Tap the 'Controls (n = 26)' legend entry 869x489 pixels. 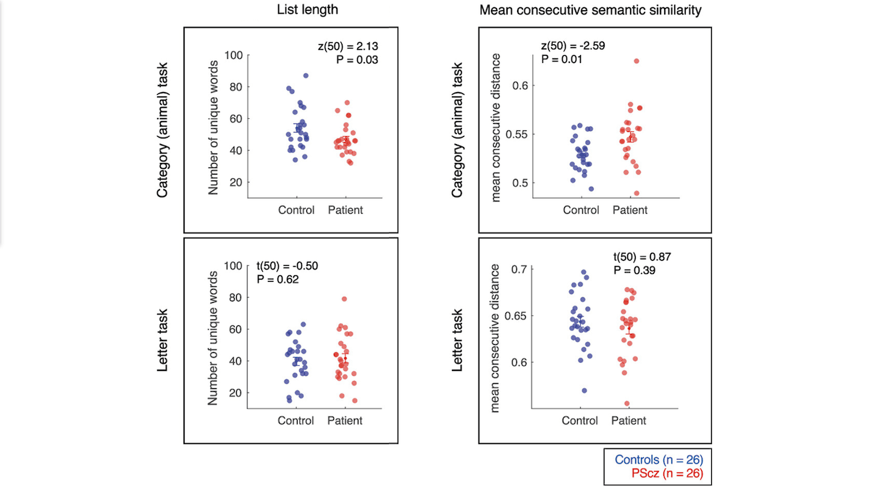click(x=658, y=459)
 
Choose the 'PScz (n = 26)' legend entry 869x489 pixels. click(x=667, y=474)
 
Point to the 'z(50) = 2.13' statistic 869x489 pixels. click(x=344, y=46)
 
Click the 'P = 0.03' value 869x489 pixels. click(x=357, y=59)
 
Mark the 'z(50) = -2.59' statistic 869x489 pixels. click(x=573, y=46)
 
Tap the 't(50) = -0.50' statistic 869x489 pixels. click(x=287, y=265)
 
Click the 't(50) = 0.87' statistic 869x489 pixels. click(x=643, y=256)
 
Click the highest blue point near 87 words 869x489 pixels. click(x=306, y=75)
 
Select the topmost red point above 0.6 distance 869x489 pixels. click(x=637, y=61)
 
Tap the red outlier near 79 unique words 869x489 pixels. click(x=344, y=298)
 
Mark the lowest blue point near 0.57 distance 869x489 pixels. click(x=584, y=390)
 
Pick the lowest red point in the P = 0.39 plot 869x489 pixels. click(x=627, y=404)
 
